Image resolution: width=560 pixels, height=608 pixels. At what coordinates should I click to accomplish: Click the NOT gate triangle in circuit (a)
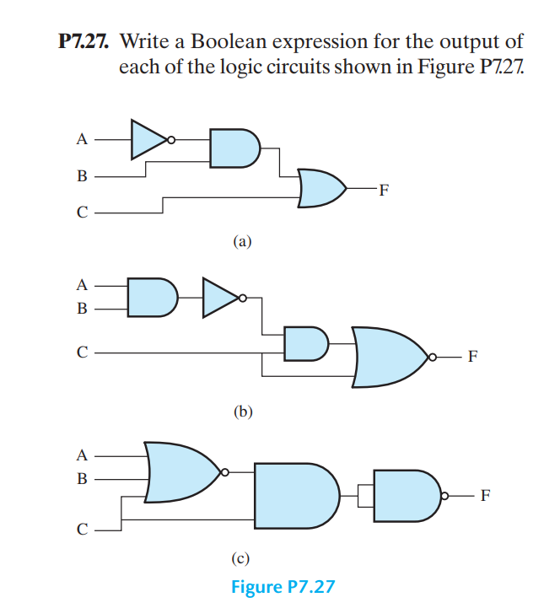click(148, 139)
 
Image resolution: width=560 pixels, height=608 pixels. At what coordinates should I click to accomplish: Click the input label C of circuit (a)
click(82, 213)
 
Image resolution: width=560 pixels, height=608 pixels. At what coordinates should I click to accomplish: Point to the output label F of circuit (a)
click(385, 189)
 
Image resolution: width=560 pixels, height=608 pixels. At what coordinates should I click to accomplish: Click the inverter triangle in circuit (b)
click(219, 297)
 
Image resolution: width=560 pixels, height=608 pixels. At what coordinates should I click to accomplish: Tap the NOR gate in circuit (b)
click(388, 356)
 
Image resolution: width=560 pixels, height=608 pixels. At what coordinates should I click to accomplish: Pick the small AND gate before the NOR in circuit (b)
click(304, 343)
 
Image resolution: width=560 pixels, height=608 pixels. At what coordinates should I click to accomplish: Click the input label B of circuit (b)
click(82, 308)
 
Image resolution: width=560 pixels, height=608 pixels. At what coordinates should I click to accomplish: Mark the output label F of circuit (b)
click(472, 357)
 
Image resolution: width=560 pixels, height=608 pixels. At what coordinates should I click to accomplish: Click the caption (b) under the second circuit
click(242, 412)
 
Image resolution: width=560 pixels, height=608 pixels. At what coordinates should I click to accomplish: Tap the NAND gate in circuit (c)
click(406, 495)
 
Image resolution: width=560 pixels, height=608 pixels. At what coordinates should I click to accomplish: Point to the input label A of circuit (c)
click(82, 455)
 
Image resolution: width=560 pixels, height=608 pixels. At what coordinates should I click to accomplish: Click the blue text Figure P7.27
click(283, 585)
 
